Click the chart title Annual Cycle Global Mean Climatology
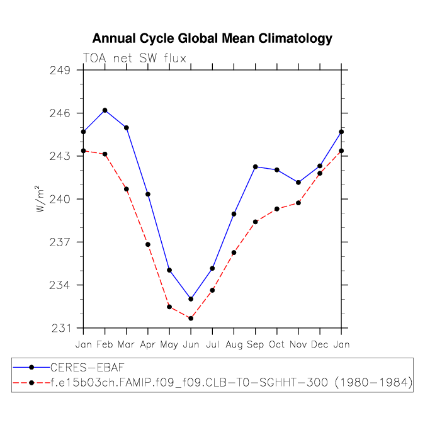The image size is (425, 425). (212, 38)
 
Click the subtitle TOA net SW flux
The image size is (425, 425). (134, 58)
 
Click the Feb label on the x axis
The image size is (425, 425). (105, 344)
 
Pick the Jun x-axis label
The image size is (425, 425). (191, 344)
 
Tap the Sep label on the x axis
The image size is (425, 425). (255, 344)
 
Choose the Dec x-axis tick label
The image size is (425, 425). (320, 344)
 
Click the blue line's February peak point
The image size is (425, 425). (105, 110)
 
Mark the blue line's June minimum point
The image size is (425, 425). (191, 298)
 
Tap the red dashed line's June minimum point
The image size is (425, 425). (191, 318)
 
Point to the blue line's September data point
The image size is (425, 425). (255, 167)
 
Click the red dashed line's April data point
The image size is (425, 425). (148, 244)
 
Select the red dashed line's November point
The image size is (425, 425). (298, 203)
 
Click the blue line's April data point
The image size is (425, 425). (148, 194)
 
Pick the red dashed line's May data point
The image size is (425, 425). (169, 307)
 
